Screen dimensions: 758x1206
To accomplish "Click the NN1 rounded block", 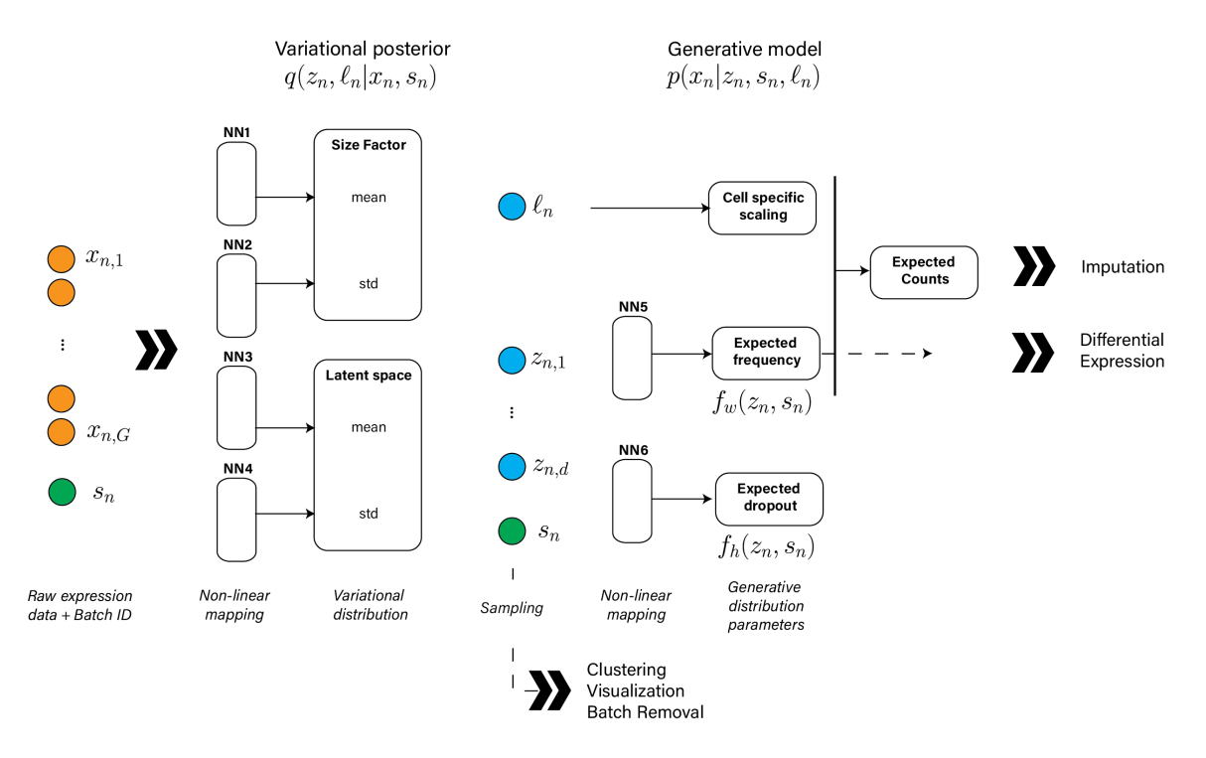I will [x=235, y=184].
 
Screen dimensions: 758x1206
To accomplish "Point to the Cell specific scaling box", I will [x=762, y=208].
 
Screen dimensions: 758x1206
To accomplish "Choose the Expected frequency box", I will [x=766, y=353].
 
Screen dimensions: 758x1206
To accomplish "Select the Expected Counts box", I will [x=924, y=271].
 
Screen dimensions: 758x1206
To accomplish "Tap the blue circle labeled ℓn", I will [x=512, y=208].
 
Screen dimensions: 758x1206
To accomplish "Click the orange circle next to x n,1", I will [x=61, y=259].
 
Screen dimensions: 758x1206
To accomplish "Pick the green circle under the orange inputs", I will [x=61, y=492].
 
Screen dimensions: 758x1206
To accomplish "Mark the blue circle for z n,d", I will [x=512, y=466].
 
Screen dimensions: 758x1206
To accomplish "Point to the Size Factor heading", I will [x=367, y=145].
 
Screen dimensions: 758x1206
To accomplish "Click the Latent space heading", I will [x=368, y=376].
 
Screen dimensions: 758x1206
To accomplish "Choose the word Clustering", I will [x=626, y=670].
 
